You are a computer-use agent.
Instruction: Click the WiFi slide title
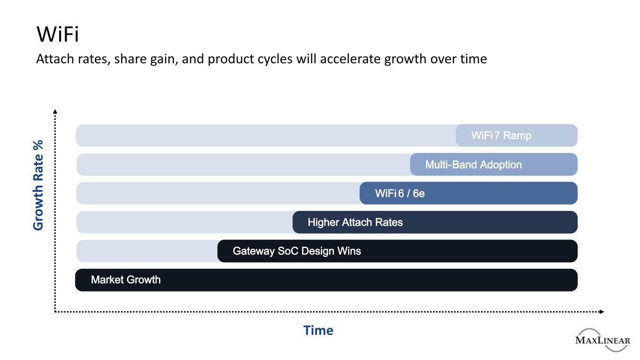[57, 34]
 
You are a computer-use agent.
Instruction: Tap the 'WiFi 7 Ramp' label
[501, 135]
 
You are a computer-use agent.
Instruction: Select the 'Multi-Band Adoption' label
[474, 165]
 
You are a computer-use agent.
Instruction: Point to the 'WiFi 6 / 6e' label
[400, 194]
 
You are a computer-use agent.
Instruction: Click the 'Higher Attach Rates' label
[355, 222]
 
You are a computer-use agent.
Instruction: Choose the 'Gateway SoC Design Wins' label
[297, 251]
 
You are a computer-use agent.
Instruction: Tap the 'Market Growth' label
[126, 280]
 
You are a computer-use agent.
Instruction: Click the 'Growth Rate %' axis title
[38, 185]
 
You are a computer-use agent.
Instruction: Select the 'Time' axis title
[318, 330]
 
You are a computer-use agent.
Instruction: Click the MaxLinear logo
[603, 340]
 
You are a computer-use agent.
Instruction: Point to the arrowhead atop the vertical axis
[55, 112]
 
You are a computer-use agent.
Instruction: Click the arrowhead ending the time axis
[602, 312]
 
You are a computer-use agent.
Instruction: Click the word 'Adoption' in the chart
[501, 165]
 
